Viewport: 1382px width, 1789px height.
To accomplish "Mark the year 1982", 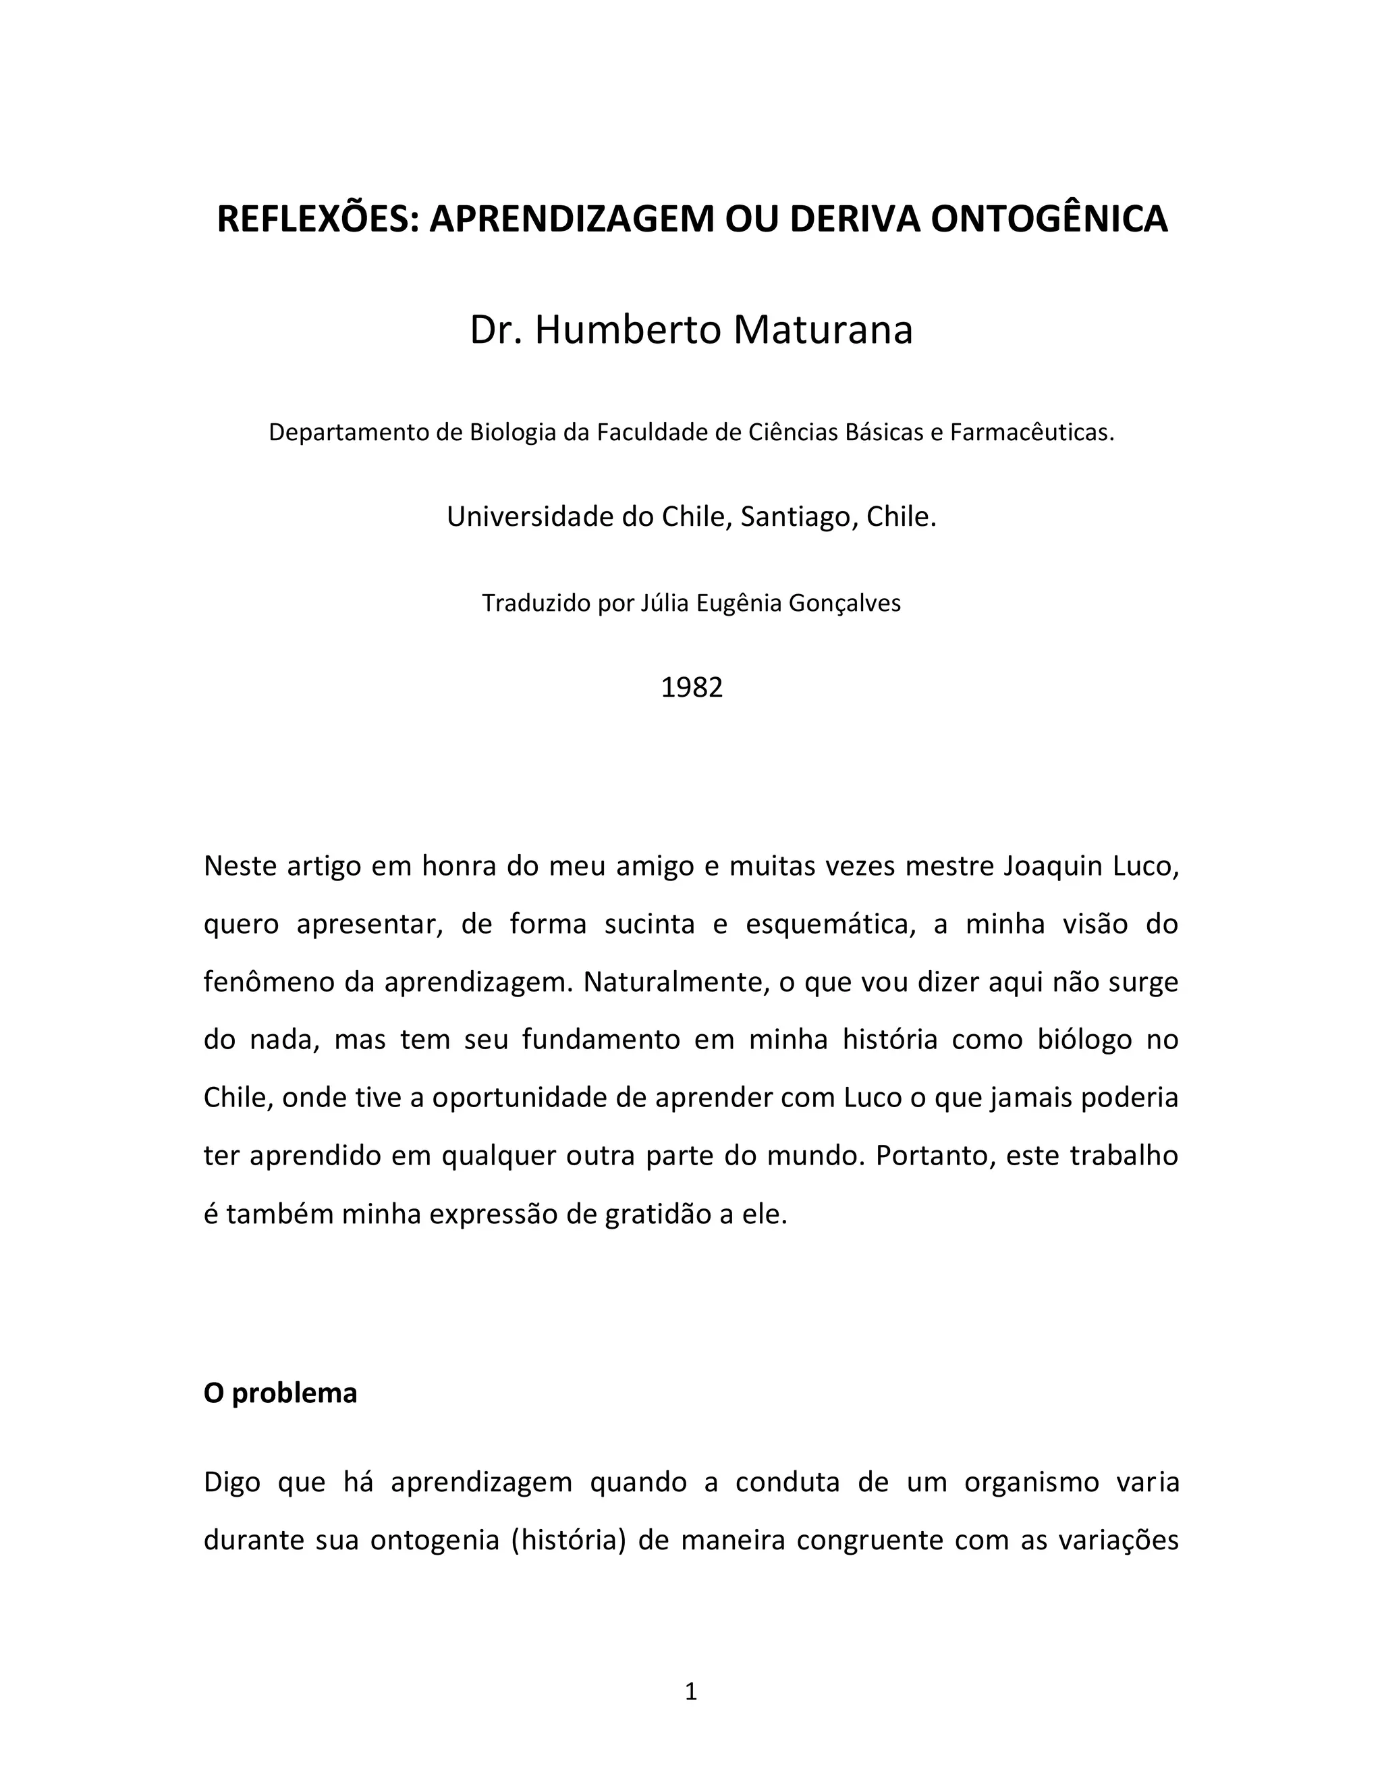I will (x=692, y=687).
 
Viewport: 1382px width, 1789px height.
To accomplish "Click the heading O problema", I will (x=280, y=1393).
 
